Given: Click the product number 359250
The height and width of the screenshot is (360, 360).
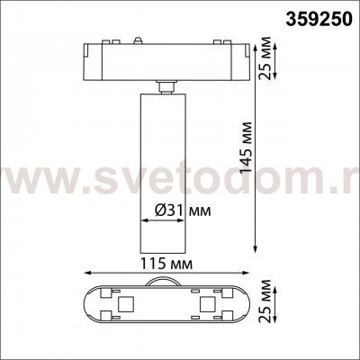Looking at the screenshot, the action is point(318,20).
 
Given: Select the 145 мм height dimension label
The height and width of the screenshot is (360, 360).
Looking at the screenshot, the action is point(247,147).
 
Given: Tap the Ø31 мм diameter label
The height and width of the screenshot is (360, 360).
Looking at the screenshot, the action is point(183,211).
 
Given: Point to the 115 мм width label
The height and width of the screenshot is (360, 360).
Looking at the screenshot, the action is point(166,264).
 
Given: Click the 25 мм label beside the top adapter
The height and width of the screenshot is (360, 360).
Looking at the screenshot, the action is point(265,58).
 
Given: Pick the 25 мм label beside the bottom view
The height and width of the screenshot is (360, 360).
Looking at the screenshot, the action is point(265,301).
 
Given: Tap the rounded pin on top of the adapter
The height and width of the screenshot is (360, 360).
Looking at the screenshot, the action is point(138,40).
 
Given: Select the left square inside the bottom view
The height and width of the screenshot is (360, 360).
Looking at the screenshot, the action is point(124,304).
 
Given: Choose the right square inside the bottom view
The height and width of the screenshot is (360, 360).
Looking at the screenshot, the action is point(207,304).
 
